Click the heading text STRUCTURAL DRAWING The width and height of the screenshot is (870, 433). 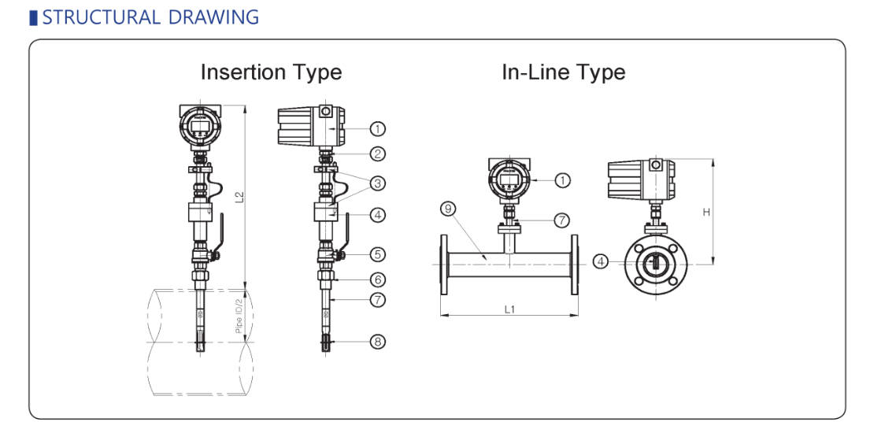[x=150, y=17]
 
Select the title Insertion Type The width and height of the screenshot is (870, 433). [x=271, y=72]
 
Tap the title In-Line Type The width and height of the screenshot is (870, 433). [x=563, y=72]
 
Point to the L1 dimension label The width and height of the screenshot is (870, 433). [x=509, y=309]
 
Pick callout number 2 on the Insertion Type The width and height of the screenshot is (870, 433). [x=378, y=154]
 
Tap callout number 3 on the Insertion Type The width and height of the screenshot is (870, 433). [x=378, y=183]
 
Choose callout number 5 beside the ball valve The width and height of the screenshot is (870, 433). [x=378, y=254]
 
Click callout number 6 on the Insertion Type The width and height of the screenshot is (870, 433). [x=378, y=279]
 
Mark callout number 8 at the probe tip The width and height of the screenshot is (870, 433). [x=378, y=342]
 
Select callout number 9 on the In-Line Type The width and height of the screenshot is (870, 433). [x=448, y=209]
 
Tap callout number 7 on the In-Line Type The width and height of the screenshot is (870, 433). [x=561, y=220]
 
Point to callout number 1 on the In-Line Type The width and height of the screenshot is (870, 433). [x=562, y=180]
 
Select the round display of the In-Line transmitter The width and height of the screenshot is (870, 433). [x=508, y=180]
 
